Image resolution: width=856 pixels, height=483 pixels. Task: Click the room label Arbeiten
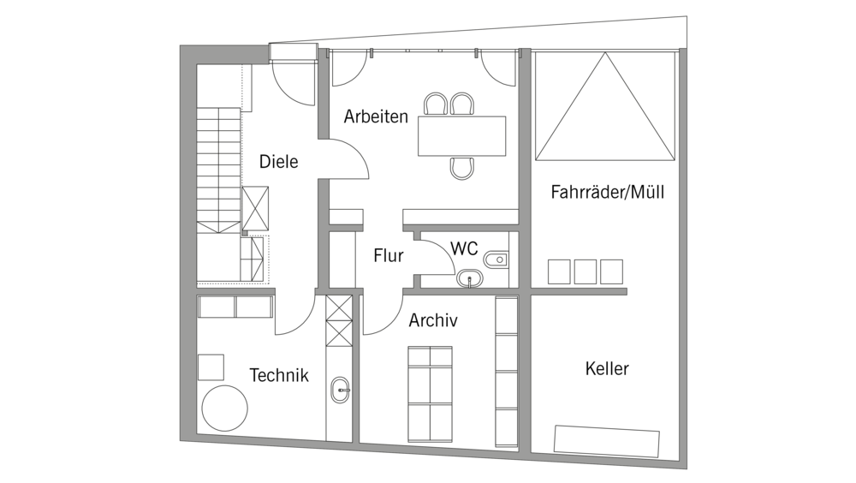click(x=376, y=117)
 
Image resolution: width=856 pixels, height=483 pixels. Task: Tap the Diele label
click(x=278, y=161)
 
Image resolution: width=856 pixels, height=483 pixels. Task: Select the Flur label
click(x=388, y=255)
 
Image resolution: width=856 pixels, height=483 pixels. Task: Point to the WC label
click(x=464, y=249)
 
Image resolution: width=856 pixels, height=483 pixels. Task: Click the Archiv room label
click(x=432, y=321)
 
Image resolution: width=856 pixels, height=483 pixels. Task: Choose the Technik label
click(x=278, y=375)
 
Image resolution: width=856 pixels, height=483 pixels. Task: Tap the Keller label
click(x=607, y=369)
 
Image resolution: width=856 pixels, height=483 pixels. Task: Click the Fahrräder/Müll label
click(x=607, y=193)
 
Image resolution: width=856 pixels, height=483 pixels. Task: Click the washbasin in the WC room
click(x=469, y=278)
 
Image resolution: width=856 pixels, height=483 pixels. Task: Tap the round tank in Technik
click(x=226, y=408)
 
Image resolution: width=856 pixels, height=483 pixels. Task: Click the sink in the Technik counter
click(x=340, y=390)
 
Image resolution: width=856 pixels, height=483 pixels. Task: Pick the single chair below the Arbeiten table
click(x=462, y=169)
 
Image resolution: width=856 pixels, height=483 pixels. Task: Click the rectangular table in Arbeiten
click(x=461, y=136)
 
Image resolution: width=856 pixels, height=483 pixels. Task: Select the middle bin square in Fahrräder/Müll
click(x=586, y=271)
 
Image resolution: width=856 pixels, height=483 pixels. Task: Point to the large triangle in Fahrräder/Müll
click(x=604, y=107)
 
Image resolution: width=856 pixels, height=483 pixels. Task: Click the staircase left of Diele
click(x=218, y=167)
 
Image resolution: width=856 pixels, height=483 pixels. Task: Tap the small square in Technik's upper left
click(x=211, y=367)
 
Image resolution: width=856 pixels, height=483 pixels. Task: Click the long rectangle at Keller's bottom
click(x=607, y=440)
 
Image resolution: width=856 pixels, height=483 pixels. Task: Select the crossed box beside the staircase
click(x=255, y=208)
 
